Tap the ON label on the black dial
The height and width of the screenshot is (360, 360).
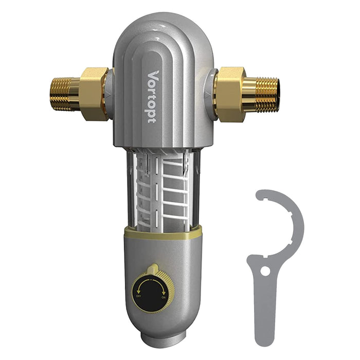164,297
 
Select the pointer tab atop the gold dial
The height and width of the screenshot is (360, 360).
152,268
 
